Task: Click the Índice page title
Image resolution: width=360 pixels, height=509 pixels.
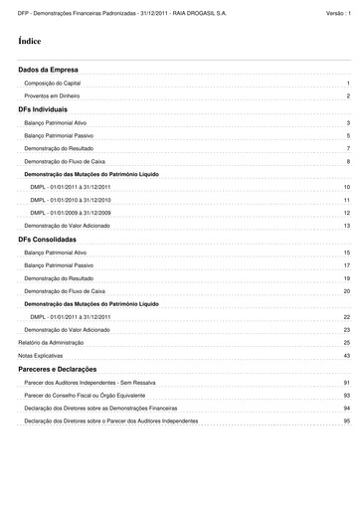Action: click(29, 43)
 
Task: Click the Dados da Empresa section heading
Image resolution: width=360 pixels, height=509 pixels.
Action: click(41, 70)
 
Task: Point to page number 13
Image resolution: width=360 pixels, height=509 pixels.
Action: click(347, 227)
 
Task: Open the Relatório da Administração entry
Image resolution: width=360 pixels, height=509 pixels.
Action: click(52, 342)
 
